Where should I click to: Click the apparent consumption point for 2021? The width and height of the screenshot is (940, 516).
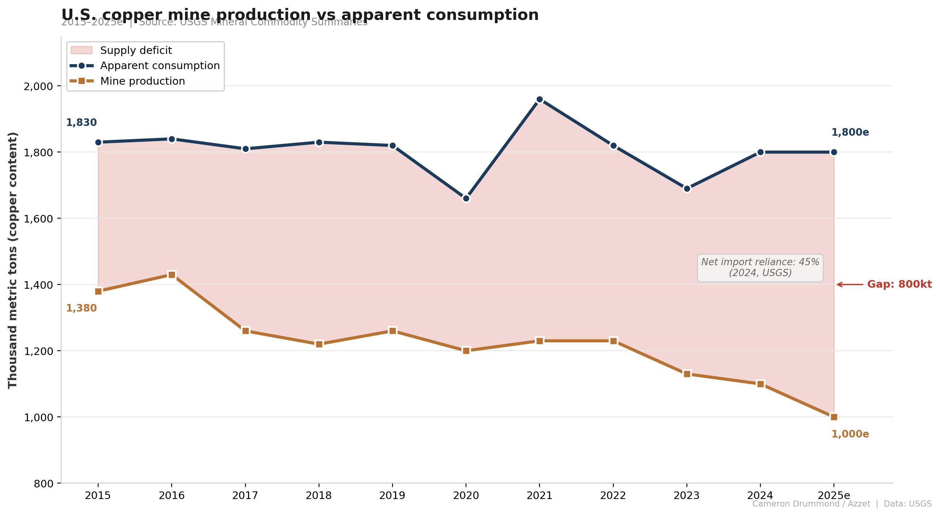540,100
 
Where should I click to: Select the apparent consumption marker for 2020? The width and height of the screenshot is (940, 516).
466,198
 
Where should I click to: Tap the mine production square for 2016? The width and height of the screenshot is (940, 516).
172,275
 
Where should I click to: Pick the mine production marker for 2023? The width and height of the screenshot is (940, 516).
687,374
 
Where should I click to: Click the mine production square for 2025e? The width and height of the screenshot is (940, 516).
834,417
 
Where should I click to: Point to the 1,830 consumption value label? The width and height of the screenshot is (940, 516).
81,123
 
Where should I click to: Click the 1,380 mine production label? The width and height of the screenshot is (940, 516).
81,308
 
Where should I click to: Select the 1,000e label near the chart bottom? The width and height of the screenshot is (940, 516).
850,434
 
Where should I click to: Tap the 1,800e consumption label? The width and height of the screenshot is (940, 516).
850,132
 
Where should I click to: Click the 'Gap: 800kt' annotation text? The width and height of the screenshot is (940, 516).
899,284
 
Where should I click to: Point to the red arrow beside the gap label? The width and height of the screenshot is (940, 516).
850,284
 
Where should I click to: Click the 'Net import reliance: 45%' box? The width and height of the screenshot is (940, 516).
760,268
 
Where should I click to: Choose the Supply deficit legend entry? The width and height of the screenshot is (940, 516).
136,50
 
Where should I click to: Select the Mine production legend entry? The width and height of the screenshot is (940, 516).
142,81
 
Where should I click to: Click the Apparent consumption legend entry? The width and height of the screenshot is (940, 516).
160,65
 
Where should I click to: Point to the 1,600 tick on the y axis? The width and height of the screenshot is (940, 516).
38,219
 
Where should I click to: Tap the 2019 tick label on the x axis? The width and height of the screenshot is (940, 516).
392,496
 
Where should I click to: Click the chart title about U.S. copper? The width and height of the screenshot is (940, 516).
299,14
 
